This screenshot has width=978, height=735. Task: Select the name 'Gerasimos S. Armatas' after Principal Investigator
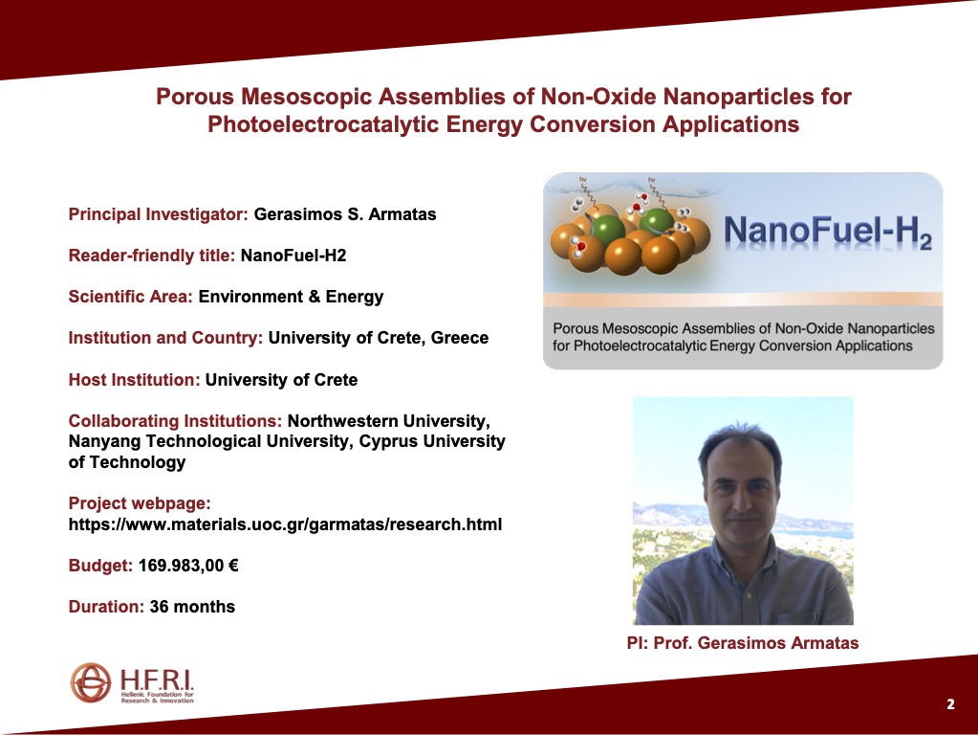point(345,214)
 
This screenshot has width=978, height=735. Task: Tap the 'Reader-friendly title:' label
point(152,256)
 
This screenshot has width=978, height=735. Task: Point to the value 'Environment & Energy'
point(291,297)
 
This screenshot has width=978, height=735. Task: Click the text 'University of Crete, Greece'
point(379,338)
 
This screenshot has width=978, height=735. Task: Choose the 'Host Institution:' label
point(134,380)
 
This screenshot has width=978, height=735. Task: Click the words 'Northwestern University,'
point(388,421)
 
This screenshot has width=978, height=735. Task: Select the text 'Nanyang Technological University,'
point(211,441)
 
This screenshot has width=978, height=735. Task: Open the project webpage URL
point(285,523)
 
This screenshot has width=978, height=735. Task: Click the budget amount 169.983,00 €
point(188,566)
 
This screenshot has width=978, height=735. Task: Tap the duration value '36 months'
point(192,607)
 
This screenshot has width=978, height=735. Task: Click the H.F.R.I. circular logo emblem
point(91,682)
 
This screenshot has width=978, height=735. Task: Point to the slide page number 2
point(950,704)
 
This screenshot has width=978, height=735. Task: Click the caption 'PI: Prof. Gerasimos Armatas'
point(743,643)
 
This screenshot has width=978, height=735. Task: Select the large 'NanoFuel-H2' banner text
point(828,231)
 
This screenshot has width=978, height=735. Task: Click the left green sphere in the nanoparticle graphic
point(607,231)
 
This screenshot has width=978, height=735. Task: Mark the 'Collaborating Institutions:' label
point(175,421)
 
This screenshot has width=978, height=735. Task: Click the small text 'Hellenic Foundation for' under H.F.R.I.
point(157,695)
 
